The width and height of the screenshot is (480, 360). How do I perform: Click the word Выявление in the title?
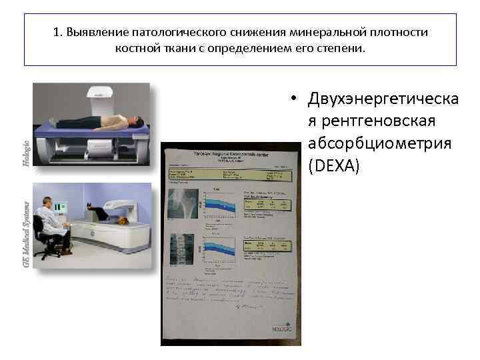92,32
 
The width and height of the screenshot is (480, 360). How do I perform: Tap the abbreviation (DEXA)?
333,165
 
